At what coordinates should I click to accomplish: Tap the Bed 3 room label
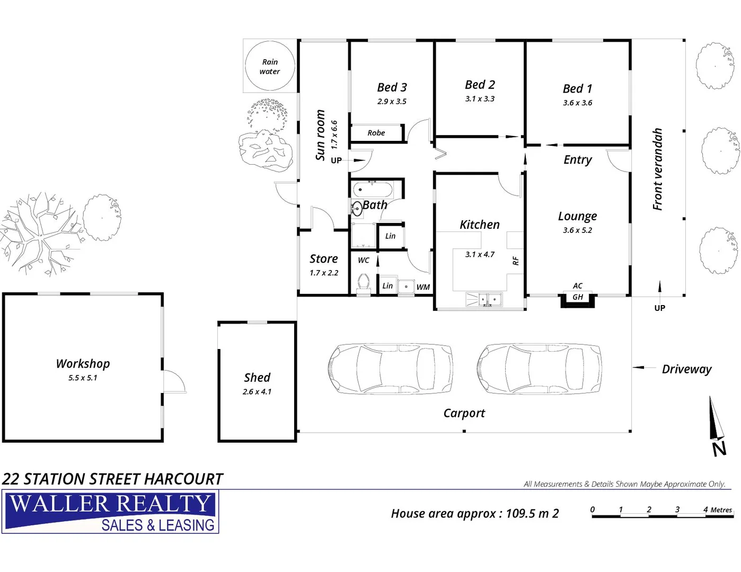(392, 87)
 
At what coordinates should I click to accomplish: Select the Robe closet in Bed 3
(376, 133)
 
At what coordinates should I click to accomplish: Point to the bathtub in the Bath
(373, 189)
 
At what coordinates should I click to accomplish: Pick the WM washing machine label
(423, 287)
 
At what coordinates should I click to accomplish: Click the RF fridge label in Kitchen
(516, 261)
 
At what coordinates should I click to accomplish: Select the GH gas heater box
(578, 298)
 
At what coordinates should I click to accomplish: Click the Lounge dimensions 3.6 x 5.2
(577, 230)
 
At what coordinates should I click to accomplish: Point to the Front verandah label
(658, 169)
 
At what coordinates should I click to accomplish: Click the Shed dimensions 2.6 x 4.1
(257, 392)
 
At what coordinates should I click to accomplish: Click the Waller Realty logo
(110, 512)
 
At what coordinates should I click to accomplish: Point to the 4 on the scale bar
(705, 510)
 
